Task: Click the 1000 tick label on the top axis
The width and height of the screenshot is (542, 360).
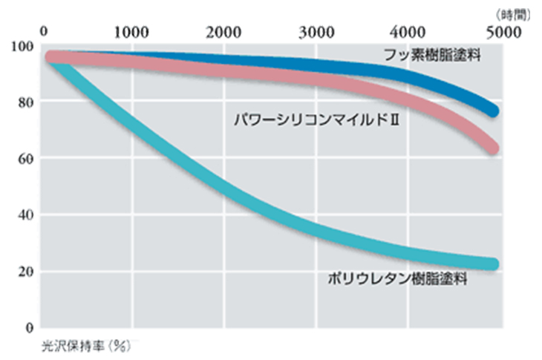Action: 132,32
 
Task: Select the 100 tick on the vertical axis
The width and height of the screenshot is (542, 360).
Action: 23,46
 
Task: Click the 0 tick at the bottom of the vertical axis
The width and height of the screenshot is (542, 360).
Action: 29,327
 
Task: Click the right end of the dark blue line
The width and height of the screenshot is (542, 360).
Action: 494,111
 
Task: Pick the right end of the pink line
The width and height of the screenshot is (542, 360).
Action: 494,148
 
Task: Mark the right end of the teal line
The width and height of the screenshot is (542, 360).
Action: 494,264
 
